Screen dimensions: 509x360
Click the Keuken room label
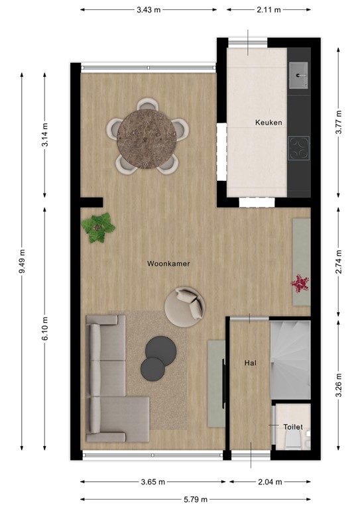click(x=269, y=123)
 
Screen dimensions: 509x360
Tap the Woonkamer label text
click(x=168, y=263)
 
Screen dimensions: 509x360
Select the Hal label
click(x=250, y=363)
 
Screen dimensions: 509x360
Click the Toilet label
click(x=293, y=427)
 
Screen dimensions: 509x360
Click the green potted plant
click(x=98, y=227)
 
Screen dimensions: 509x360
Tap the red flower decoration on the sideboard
click(x=300, y=284)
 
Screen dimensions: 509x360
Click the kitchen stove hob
click(x=300, y=148)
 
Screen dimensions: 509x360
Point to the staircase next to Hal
click(x=290, y=359)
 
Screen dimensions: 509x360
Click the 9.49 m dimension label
click(x=23, y=261)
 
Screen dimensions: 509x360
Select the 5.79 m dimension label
click(x=196, y=499)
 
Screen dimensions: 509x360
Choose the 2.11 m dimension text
click(x=268, y=10)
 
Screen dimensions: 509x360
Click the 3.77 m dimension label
click(x=339, y=122)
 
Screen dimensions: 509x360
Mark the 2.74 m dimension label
click(x=339, y=261)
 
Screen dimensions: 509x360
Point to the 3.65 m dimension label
click(x=152, y=482)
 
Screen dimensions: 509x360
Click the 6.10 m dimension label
click(x=44, y=328)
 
